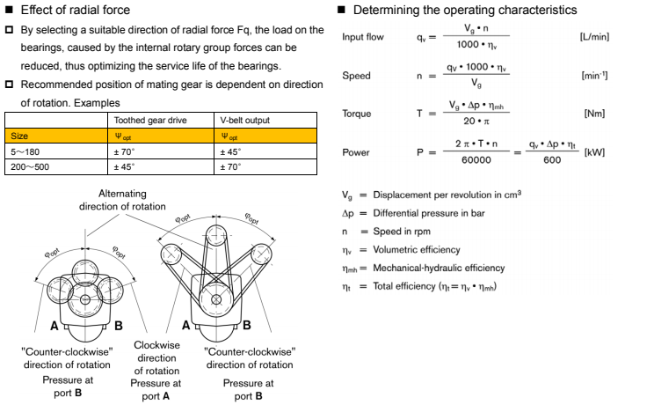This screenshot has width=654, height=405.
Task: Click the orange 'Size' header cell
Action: pos(18,136)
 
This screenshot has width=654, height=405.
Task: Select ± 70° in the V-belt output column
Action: pos(232,166)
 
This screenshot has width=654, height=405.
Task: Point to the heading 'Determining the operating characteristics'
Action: pos(464,10)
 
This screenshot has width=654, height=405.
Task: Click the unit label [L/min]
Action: pos(593,38)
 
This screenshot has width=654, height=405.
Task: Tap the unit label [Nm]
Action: pos(594,114)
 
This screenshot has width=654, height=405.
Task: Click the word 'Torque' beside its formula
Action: pos(356,114)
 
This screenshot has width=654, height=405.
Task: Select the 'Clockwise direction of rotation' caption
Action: pos(157,357)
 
